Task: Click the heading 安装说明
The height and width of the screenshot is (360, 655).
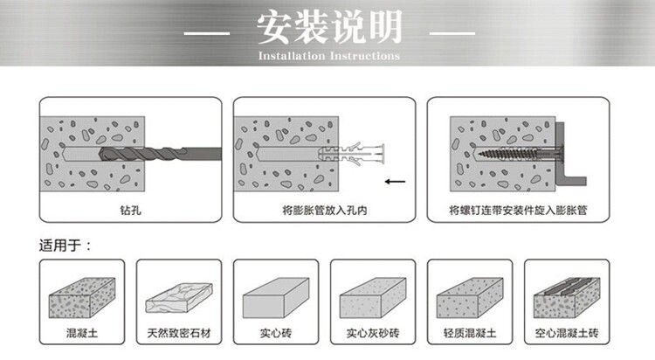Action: pos(328,29)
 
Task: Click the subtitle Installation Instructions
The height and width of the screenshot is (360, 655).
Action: pos(328,56)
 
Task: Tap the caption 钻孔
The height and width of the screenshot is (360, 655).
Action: pos(129,210)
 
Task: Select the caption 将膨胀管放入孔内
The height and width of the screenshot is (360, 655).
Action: pos(323,210)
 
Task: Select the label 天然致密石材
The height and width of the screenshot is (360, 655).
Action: pos(179,332)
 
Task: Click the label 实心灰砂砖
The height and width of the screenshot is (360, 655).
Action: pos(373,332)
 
